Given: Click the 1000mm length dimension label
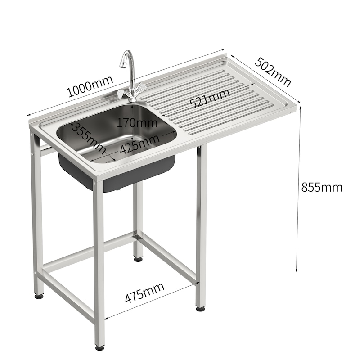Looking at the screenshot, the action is coord(90,86).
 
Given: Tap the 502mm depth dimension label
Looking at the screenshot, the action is coord(273,72).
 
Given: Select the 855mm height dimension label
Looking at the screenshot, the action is coord(322,187).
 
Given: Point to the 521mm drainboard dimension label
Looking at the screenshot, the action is coord(210,98).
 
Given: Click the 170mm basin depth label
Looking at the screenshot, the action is coord(137,123).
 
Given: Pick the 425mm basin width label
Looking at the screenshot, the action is coord(139,144).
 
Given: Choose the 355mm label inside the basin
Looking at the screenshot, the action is coord(88,138).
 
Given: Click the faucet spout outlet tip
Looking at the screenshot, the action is coord(122,66).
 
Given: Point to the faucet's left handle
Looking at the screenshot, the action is coord(121,93).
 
